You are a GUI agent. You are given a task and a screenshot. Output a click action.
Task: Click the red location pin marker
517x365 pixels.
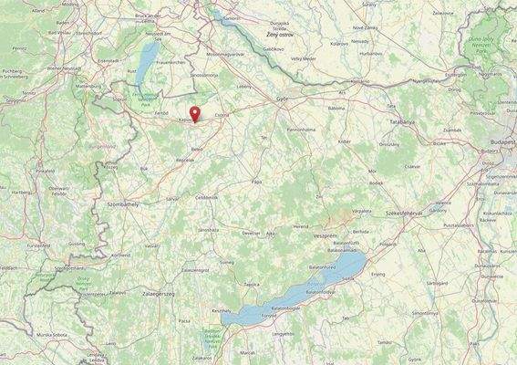click(194, 115)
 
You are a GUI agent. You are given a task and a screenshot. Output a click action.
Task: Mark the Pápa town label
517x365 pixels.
click(256, 182)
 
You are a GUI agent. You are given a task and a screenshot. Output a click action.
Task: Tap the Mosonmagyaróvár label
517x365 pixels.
click(225, 54)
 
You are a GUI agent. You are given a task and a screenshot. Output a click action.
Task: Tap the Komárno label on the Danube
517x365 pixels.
click(360, 80)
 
